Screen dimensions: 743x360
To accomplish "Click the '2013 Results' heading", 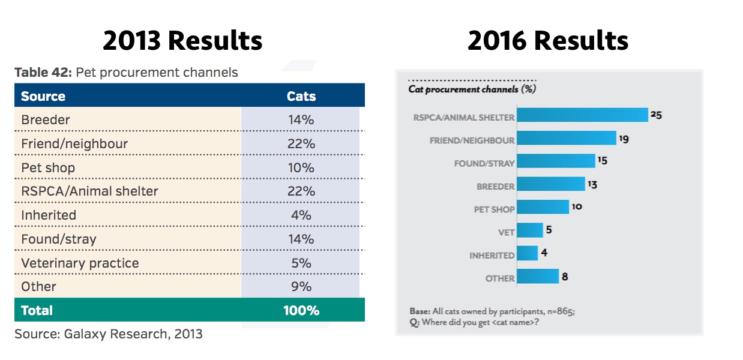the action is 182,40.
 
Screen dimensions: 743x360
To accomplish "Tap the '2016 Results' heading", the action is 548,40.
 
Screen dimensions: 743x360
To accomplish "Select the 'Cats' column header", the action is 301,96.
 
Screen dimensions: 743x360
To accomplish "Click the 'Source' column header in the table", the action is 43,96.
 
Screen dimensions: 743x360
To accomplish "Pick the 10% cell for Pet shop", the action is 301,168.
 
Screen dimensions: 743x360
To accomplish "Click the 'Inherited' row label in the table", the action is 49,215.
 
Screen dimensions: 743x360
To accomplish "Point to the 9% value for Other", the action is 301,286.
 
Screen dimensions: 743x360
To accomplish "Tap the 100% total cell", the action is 301,310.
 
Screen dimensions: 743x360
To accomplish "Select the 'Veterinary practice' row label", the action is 80,263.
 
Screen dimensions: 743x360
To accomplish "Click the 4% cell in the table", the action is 301,215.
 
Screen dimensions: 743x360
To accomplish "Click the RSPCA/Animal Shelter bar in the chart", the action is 583,115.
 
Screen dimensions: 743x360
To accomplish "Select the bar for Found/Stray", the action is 556,161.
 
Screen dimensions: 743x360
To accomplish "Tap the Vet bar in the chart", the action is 530,230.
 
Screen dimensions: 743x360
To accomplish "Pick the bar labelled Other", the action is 538,276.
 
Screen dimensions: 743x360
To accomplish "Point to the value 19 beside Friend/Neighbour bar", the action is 624,139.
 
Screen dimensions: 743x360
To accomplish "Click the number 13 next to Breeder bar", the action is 592,184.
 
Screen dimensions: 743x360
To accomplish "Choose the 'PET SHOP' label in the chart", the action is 494,209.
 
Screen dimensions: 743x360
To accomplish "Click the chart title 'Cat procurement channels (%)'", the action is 472,89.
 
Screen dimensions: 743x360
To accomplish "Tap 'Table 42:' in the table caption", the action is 43,72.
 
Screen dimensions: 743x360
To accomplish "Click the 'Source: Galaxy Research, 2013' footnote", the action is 109,334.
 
